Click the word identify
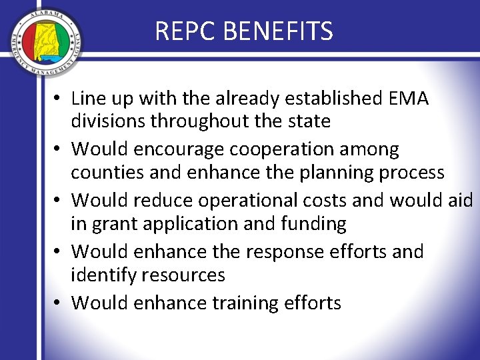tap(104, 274)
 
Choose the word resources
tap(189, 274)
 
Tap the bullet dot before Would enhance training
tap(59, 304)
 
